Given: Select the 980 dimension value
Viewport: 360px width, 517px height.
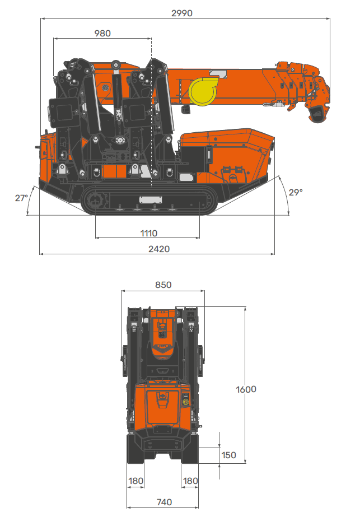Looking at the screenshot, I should [x=102, y=33].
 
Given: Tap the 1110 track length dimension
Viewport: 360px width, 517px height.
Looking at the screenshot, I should [x=149, y=233].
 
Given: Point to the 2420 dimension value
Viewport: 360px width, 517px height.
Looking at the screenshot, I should [x=158, y=249].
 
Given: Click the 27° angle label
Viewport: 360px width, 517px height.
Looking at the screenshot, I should [x=21, y=198].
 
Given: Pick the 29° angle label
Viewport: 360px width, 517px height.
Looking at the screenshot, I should [x=296, y=192].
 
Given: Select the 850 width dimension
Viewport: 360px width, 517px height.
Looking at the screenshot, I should [x=163, y=285].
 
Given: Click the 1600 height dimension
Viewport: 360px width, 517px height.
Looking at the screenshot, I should [x=246, y=389].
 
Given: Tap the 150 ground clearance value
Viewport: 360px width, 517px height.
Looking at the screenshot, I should [x=228, y=455].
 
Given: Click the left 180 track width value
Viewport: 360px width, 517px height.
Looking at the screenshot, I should [x=136, y=481].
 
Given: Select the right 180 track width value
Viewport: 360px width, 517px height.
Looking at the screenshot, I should [x=191, y=481].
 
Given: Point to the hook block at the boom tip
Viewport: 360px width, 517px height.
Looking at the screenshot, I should [x=316, y=112].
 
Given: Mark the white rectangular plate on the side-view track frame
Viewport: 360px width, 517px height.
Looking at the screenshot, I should [x=150, y=199].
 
